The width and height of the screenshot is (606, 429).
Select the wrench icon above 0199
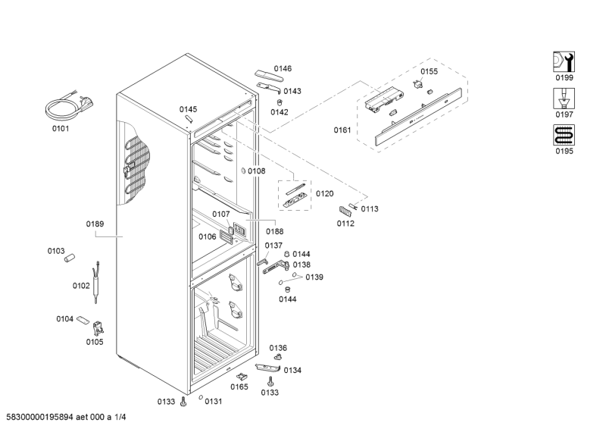tap(564, 62)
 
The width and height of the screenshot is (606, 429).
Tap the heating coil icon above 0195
tap(564, 135)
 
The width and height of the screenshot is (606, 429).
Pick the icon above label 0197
tap(564, 99)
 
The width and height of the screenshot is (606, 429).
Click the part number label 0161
tap(342, 130)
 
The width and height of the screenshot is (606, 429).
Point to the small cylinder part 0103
tap(70, 258)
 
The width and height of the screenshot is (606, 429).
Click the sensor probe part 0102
tap(96, 283)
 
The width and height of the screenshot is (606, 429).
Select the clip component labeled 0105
tap(98, 329)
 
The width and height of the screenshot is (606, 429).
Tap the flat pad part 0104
tap(83, 320)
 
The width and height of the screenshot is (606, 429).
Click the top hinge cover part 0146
tap(269, 76)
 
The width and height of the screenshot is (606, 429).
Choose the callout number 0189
tap(95, 224)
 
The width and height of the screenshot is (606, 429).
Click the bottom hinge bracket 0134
tap(268, 367)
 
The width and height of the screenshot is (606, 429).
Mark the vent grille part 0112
tap(345, 211)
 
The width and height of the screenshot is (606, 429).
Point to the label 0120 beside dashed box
tap(325, 193)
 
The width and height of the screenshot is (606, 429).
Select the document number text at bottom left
tap(66, 417)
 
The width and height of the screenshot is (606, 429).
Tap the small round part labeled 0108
tap(243, 171)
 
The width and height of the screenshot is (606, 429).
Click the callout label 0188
tap(275, 231)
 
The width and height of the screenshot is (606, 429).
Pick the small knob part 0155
tap(417, 83)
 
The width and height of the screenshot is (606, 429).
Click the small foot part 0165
tap(242, 376)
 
